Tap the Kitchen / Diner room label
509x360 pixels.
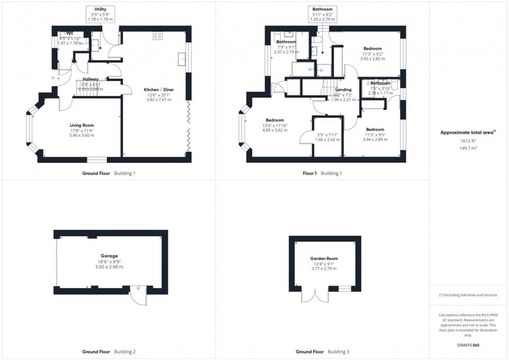[159, 90]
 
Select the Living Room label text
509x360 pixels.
[82, 125]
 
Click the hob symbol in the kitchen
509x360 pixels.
[157, 36]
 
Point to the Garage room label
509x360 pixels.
[110, 256]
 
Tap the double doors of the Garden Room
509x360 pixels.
[315, 296]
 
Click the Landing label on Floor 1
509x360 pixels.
[343, 90]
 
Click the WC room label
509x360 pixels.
[70, 33]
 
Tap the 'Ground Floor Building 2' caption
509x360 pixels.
[109, 352]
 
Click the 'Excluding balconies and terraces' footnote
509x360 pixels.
[468, 295]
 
